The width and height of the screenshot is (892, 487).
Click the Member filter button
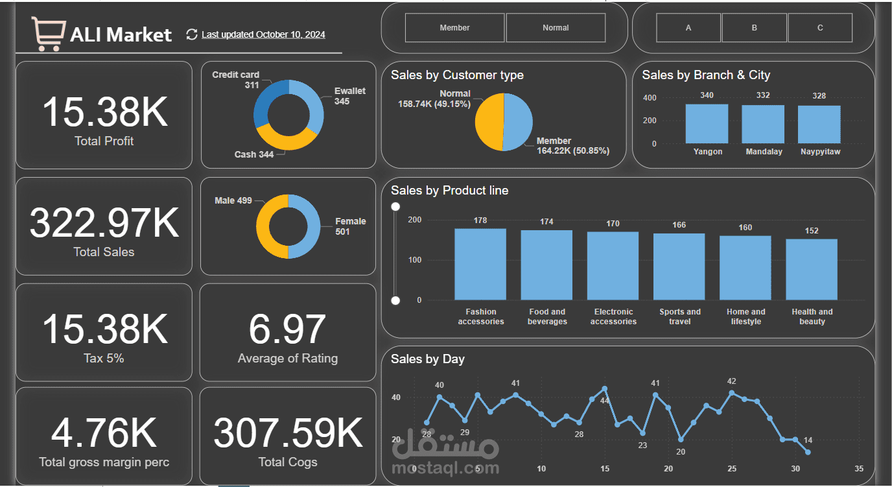[454, 28]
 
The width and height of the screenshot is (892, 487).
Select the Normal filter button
[556, 28]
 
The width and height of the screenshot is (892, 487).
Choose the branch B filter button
[755, 28]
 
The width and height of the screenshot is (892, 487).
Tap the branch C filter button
[820, 28]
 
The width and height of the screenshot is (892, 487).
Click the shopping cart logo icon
[49, 33]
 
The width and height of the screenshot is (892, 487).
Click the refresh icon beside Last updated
[191, 34]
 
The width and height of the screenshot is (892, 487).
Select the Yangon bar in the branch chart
[707, 124]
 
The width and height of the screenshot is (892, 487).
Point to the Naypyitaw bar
[819, 125]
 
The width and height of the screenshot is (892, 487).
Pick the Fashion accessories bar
[480, 264]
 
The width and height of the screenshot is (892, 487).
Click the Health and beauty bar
[812, 269]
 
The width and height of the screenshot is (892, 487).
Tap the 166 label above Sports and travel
[679, 225]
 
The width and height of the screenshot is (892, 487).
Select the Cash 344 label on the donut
[254, 154]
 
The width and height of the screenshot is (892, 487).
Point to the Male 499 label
[233, 200]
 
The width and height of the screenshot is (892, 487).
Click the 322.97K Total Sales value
[104, 222]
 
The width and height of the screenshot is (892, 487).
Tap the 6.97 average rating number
[287, 329]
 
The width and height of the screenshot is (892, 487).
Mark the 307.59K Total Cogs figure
[288, 433]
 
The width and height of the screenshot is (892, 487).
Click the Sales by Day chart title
[428, 359]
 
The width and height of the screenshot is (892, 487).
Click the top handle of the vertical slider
[395, 207]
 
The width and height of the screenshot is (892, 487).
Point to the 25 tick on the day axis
[732, 469]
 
